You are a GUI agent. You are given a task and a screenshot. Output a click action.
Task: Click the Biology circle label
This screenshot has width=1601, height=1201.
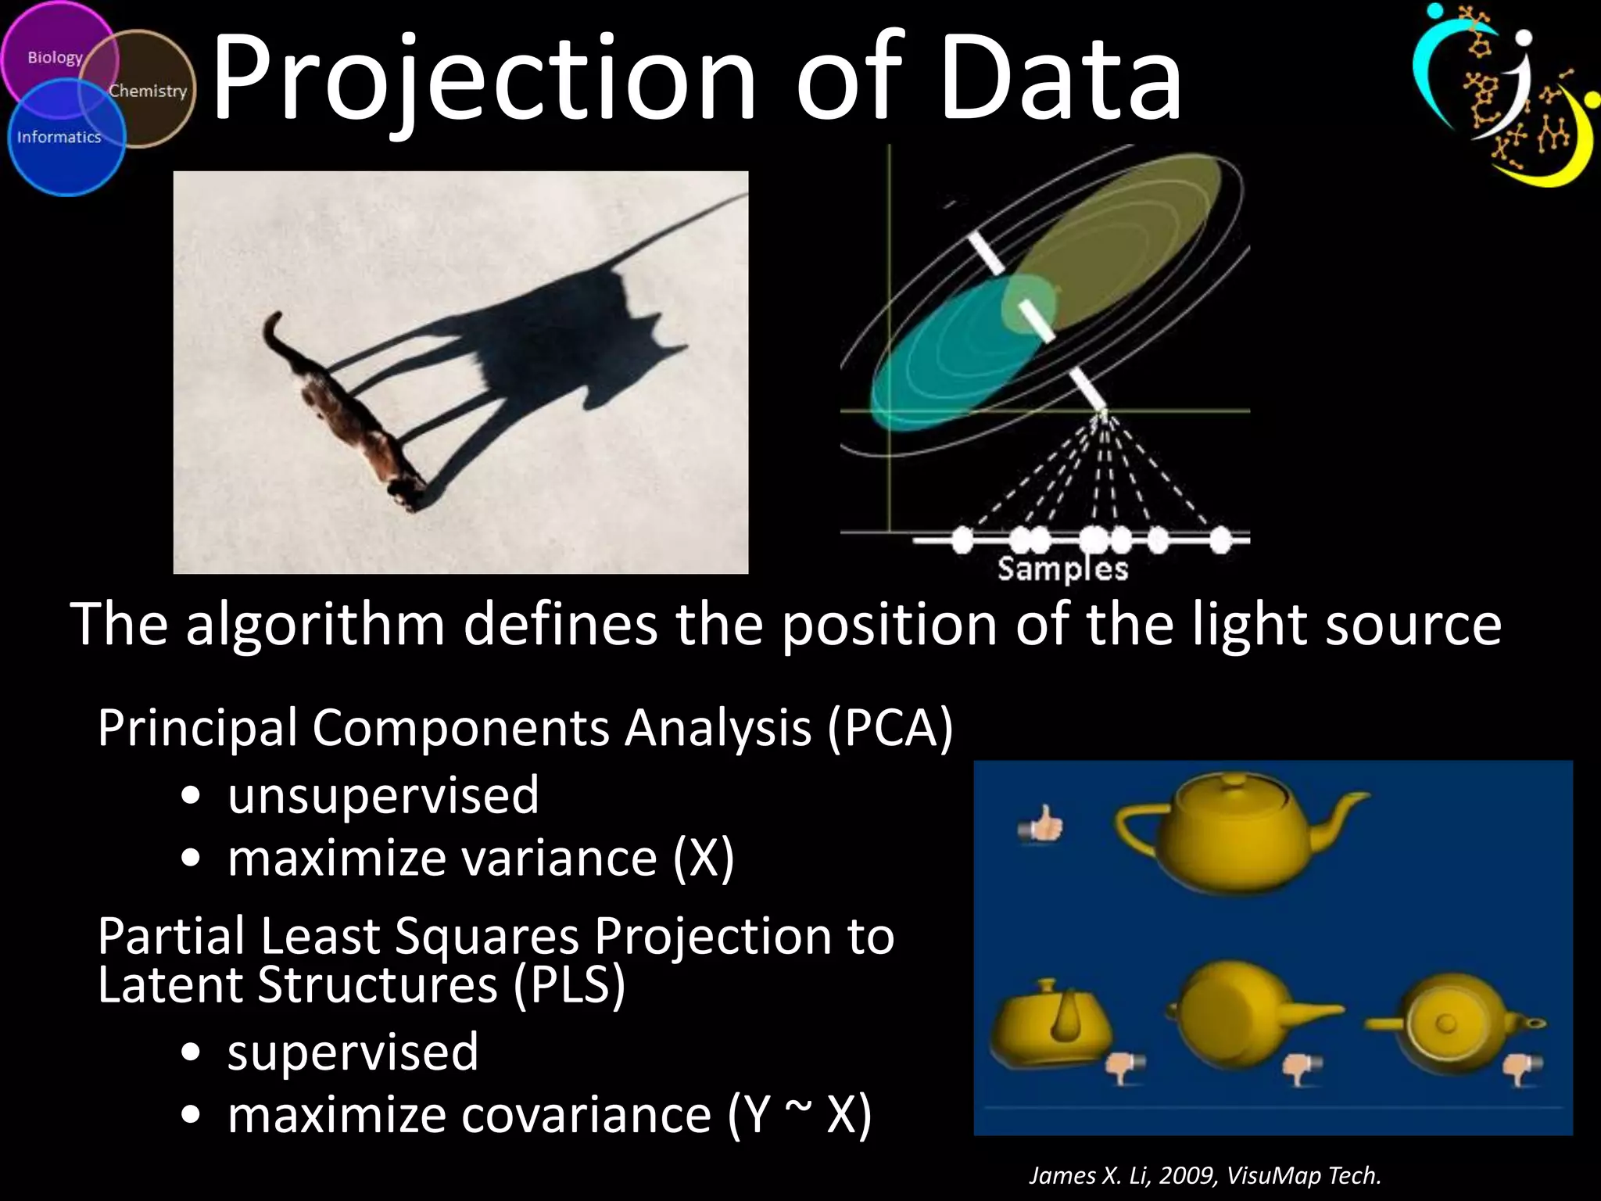[55, 58]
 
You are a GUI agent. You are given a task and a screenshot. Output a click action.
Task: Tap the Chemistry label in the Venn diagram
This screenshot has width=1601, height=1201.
[148, 91]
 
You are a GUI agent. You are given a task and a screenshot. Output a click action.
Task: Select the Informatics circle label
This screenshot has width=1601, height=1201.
[59, 137]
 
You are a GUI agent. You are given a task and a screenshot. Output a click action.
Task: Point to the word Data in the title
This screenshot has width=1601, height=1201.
[1062, 78]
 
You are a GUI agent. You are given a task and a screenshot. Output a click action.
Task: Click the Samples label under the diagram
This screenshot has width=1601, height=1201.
[1062, 569]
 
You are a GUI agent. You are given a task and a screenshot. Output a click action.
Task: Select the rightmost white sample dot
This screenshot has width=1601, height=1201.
[1220, 539]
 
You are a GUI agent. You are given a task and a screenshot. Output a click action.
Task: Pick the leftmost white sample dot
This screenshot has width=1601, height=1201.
[962, 539]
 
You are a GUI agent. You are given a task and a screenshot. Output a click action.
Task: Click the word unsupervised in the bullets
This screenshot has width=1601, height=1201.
[383, 796]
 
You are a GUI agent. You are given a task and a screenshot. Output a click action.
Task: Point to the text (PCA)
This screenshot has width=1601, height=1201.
[890, 729]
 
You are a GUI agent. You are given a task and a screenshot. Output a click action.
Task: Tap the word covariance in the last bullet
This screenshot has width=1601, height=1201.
[586, 1115]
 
